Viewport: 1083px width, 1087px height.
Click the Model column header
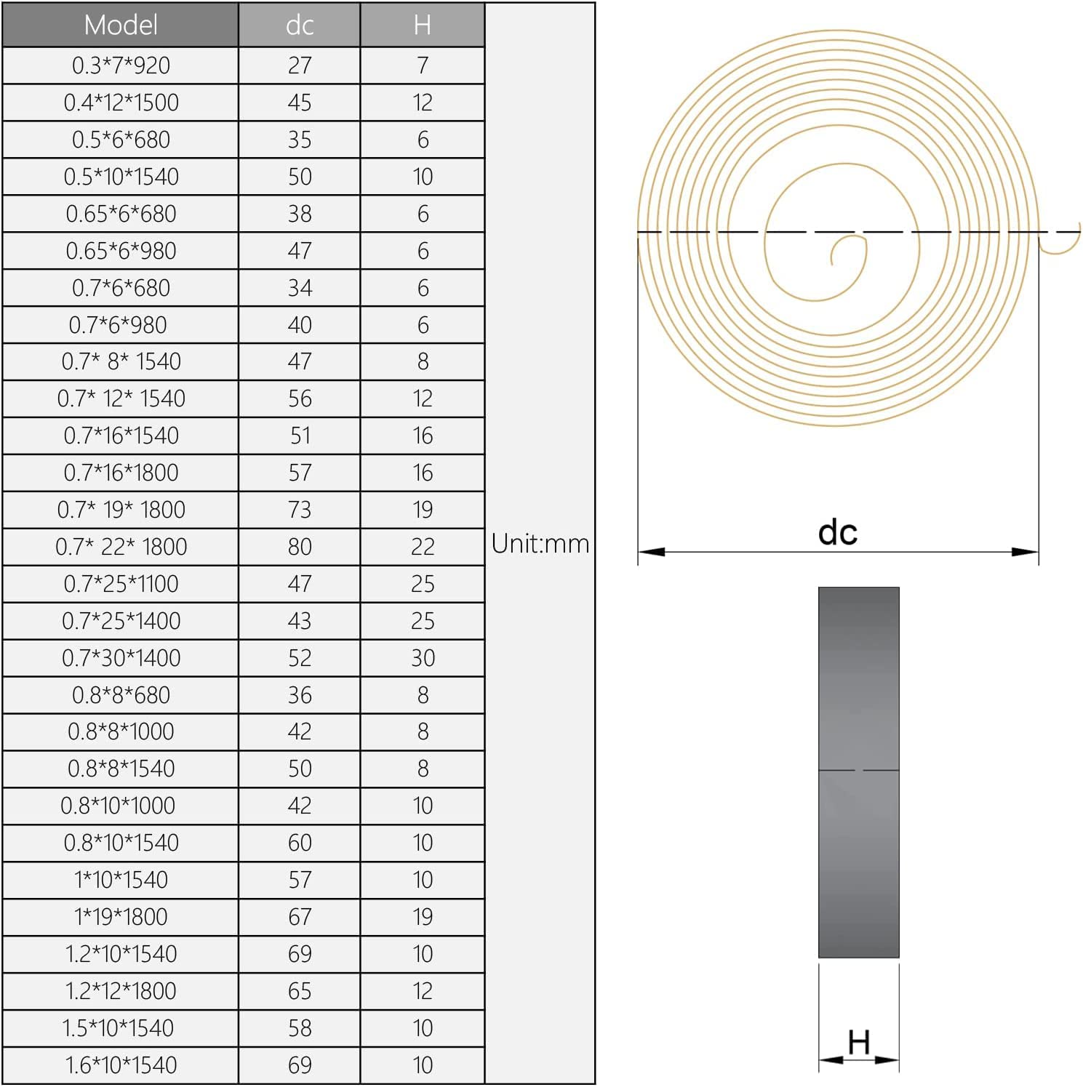coord(121,25)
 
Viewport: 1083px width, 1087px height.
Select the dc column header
coord(300,25)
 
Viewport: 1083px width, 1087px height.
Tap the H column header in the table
coord(423,25)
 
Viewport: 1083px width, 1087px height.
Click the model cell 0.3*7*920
coord(121,65)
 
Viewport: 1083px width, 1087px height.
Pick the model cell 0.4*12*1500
coord(121,103)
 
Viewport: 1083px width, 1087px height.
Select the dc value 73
coord(300,510)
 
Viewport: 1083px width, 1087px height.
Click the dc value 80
coord(300,547)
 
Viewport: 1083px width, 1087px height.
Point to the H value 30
coord(423,658)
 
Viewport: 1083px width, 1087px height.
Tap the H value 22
coord(423,547)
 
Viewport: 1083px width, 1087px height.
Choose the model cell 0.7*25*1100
coord(121,584)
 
